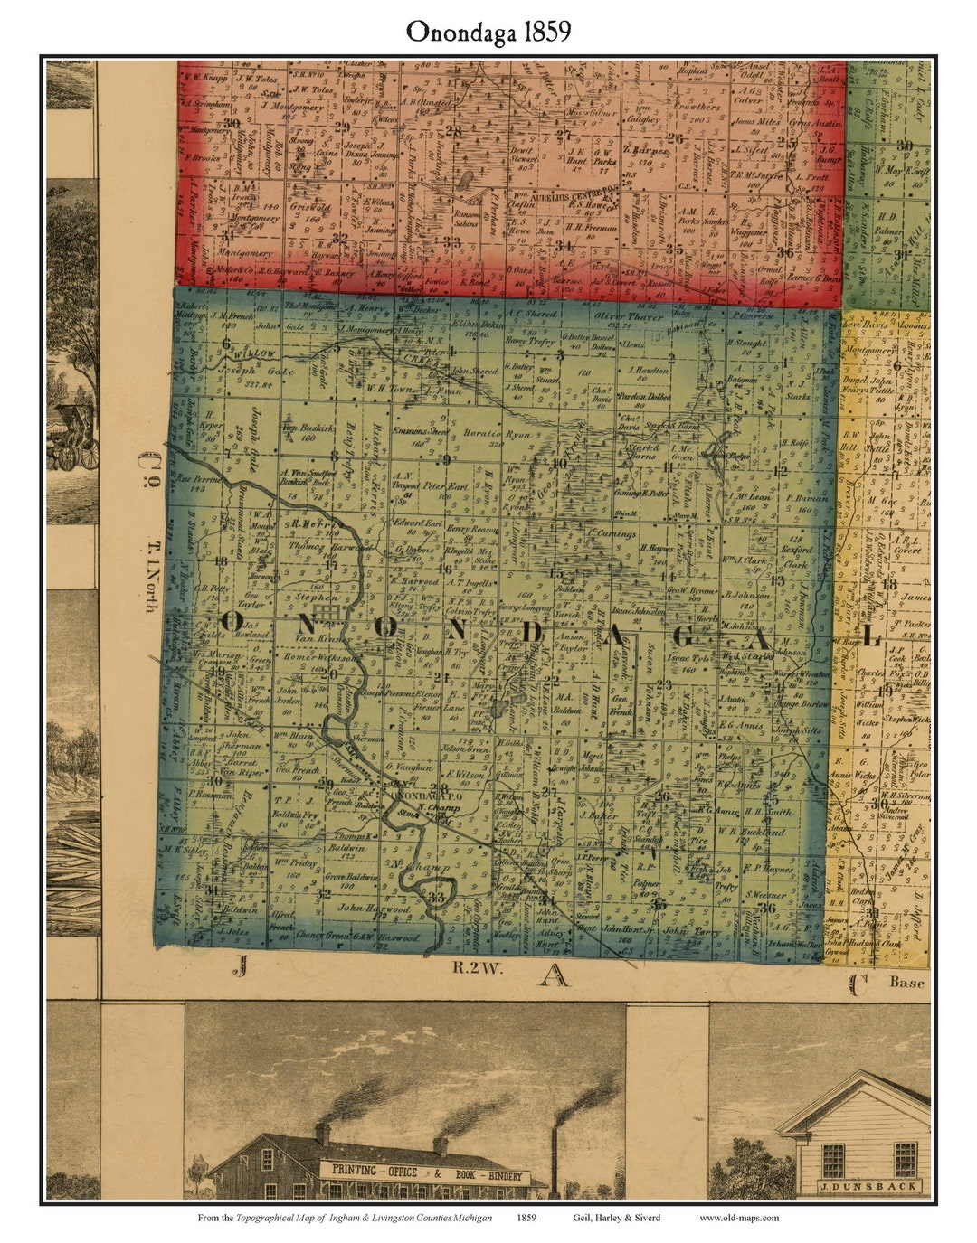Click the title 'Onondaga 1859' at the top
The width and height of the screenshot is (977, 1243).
pos(488,31)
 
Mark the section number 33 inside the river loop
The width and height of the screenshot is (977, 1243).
pos(438,898)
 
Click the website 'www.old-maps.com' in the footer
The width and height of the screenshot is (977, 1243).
pos(738,1218)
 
